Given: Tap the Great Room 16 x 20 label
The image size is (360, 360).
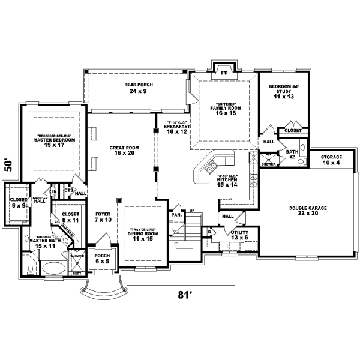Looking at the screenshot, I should pyautogui.click(x=124, y=151).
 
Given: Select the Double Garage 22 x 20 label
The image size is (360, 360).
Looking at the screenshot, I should pyautogui.click(x=307, y=211).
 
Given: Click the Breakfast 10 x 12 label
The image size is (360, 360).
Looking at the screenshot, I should pyautogui.click(x=177, y=129).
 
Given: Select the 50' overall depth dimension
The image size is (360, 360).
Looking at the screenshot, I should pyautogui.click(x=8, y=165).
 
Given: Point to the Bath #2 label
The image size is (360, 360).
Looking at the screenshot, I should pyautogui.click(x=292, y=154).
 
